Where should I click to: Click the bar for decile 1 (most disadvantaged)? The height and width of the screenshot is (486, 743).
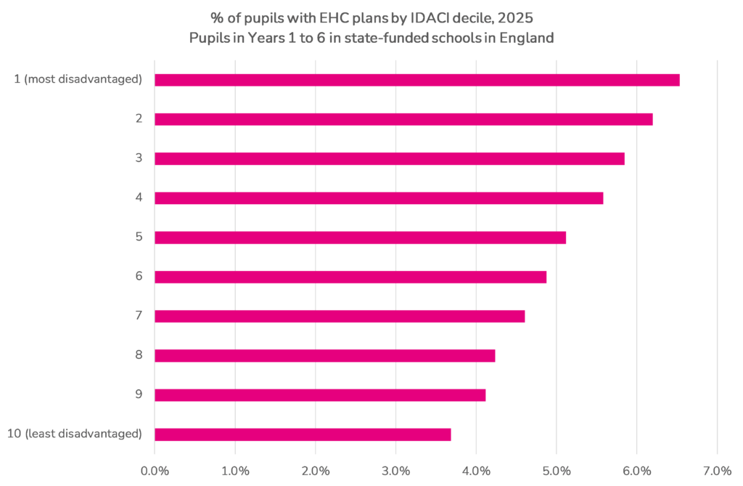pyautogui.click(x=416, y=80)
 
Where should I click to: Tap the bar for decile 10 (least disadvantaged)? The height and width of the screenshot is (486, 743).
pyautogui.click(x=303, y=434)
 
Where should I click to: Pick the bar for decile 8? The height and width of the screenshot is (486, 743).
pyautogui.click(x=324, y=355)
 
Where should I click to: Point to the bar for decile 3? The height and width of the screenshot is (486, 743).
pyautogui.click(x=389, y=158)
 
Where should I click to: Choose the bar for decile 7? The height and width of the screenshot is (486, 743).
pyautogui.click(x=340, y=316)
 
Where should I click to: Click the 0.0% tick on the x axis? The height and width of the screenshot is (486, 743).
pyautogui.click(x=155, y=470)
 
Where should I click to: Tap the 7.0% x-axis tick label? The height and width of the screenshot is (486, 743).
pyautogui.click(x=717, y=470)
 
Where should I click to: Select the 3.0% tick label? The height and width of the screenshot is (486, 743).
pyautogui.click(x=395, y=470)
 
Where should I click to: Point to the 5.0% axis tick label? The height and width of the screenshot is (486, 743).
pyautogui.click(x=556, y=470)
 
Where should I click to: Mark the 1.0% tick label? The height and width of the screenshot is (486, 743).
pyautogui.click(x=235, y=470)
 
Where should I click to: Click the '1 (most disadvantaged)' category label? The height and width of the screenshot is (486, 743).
pyautogui.click(x=78, y=79)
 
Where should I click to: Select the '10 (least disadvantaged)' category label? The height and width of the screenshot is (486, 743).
pyautogui.click(x=74, y=434)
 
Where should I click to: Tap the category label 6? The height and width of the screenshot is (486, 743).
pyautogui.click(x=138, y=276)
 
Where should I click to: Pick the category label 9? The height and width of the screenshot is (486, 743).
pyautogui.click(x=138, y=394)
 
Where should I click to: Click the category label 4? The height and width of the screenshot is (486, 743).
pyautogui.click(x=138, y=198)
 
